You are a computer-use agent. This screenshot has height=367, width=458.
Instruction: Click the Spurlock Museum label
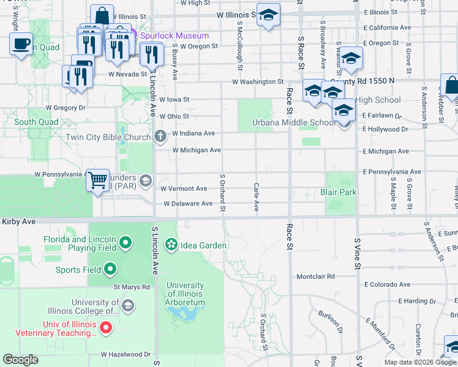tap(175, 35)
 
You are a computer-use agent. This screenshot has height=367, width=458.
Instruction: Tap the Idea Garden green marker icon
tap(171, 245)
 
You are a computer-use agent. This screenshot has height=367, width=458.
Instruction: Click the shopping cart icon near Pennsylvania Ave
tap(97, 180)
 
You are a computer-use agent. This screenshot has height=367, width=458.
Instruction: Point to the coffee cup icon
tap(21, 44)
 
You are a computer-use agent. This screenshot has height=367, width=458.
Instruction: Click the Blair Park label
tap(338, 192)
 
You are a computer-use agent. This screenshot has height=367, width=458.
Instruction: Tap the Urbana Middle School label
tap(294, 122)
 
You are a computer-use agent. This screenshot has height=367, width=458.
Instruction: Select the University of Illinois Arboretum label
tap(185, 294)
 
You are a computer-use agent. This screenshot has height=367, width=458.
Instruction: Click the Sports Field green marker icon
tap(110, 269)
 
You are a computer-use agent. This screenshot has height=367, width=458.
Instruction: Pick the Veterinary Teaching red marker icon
tap(106, 328)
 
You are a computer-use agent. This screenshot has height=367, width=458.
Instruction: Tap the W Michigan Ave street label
tap(197, 150)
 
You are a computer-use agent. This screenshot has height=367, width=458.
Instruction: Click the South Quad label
tap(36, 122)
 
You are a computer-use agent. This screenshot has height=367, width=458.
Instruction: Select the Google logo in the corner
tap(21, 359)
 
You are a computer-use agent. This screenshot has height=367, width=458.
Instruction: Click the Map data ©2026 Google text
tap(419, 362)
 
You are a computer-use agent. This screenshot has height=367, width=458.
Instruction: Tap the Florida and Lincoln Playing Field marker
tap(126, 243)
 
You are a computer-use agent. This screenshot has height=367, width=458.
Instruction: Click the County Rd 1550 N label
tap(362, 81)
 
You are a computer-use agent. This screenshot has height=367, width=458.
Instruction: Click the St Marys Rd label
tap(131, 286)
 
